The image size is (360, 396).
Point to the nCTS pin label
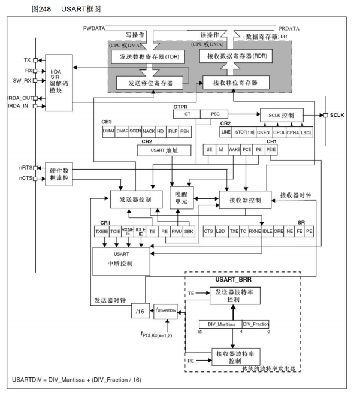pos(23,179)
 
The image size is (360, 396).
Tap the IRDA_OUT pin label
pos(20,98)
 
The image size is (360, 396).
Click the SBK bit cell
pos(189,230)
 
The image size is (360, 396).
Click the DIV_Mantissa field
pos(220,324)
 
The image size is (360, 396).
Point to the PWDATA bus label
pos(98,28)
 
